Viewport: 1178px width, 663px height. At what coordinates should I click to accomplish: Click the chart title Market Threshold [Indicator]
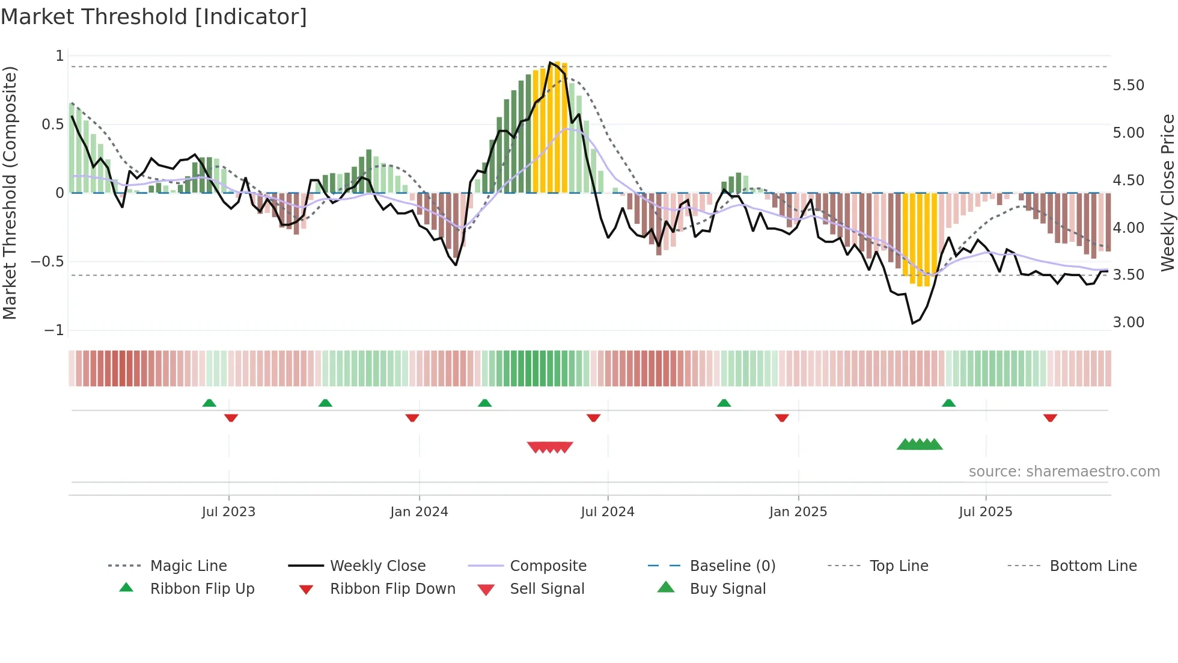point(154,17)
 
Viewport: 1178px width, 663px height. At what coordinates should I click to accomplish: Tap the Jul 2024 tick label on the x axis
point(607,512)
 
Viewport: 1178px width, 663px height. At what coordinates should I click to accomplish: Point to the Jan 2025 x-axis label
point(798,512)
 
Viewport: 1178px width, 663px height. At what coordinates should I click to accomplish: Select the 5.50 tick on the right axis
point(1128,85)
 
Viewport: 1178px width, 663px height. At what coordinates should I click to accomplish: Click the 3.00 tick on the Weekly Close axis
point(1128,322)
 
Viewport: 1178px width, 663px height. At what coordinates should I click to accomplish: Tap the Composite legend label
point(548,566)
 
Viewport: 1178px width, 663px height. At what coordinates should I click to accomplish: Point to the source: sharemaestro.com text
point(1064,472)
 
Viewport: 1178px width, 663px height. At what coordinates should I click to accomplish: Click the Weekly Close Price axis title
point(1167,193)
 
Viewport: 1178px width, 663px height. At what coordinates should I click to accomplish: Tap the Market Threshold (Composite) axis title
point(10,193)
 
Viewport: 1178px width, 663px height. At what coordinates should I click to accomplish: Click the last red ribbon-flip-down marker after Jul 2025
point(1050,418)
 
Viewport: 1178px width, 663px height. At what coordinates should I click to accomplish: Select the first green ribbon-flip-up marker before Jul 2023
point(209,403)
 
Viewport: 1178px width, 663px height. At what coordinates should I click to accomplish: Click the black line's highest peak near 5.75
point(549,63)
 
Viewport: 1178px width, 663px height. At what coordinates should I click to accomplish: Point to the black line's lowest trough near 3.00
point(912,323)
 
